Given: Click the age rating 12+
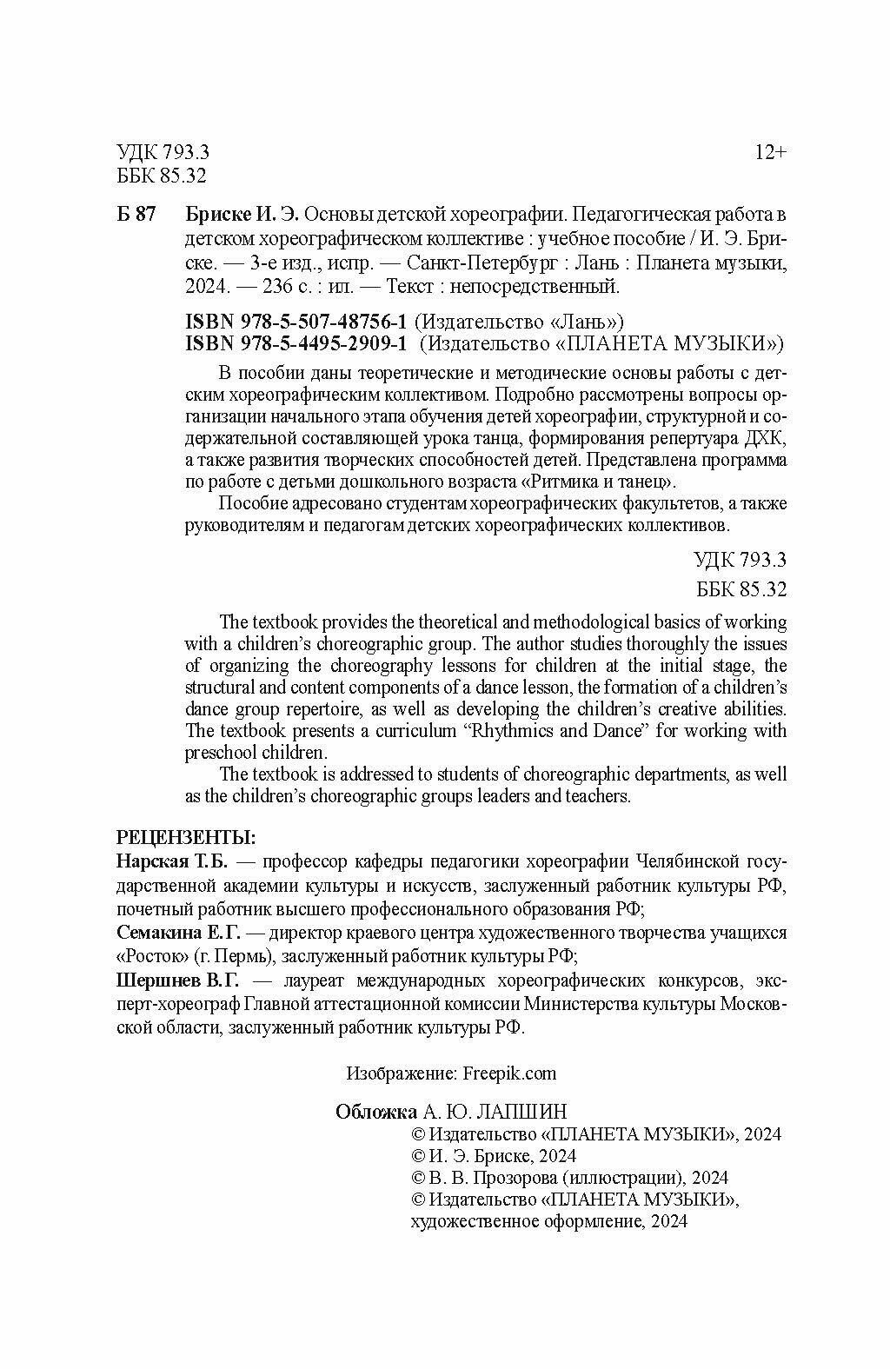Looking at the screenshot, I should tap(770, 153).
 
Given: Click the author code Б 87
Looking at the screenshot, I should tap(136, 216).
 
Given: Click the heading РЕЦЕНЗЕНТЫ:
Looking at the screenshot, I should tap(186, 839).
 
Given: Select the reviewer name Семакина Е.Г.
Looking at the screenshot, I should tap(178, 933).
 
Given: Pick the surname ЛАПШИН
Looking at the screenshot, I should tap(527, 1112).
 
